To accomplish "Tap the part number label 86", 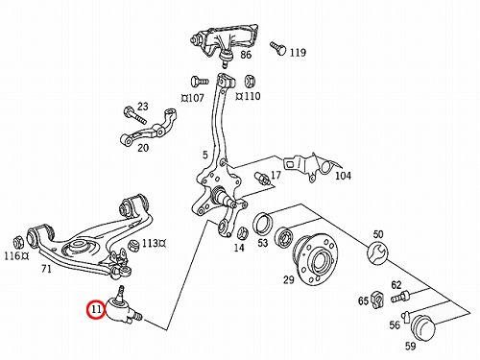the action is pyautogui.click(x=246, y=55).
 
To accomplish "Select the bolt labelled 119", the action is pyautogui.click(x=277, y=48).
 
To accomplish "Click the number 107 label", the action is pyautogui.click(x=195, y=98).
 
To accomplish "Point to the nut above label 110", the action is pyautogui.click(x=250, y=82).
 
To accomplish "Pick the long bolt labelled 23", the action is pyautogui.click(x=134, y=115).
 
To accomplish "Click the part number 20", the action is pyautogui.click(x=143, y=148).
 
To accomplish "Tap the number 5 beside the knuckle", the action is pyautogui.click(x=205, y=155).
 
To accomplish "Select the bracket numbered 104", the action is pyautogui.click(x=310, y=166).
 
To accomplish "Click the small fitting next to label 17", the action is pyautogui.click(x=262, y=179).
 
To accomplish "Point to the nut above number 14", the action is pyautogui.click(x=243, y=233).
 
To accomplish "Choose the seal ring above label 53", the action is pyautogui.click(x=263, y=223).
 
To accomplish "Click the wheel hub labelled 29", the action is pyautogui.click(x=316, y=259).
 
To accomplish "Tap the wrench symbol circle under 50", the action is pyautogui.click(x=377, y=252).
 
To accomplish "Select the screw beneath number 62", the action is pyautogui.click(x=400, y=297).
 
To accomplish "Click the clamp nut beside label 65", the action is pyautogui.click(x=377, y=300).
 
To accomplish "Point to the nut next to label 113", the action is pyautogui.click(x=133, y=246).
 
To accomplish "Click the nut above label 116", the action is pyautogui.click(x=18, y=243).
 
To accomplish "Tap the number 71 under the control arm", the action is pyautogui.click(x=46, y=269).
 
